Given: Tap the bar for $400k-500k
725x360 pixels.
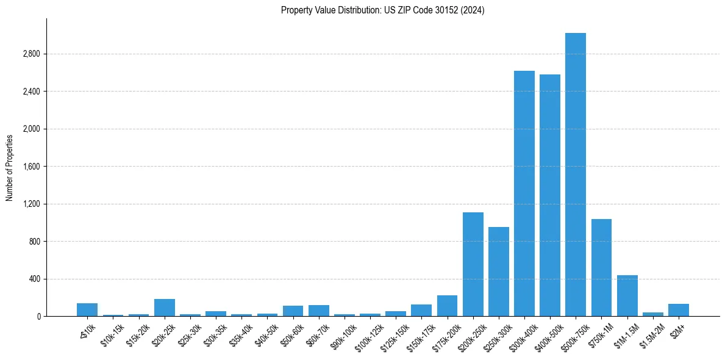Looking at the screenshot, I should pos(549,195).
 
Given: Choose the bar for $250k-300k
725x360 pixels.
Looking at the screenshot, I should pos(498,272).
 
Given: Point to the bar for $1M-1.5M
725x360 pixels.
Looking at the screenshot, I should pos(627,295).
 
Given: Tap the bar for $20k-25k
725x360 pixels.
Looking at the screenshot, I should pos(164,308).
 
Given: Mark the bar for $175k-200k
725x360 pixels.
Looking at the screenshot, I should pos(447,306).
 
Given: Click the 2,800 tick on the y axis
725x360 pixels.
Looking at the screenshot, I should pos(31,54).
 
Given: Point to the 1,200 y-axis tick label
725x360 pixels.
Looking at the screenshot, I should pos(31,204).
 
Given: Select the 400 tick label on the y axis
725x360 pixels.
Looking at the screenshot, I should pos(34,279).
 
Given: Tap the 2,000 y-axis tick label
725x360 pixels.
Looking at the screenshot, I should pos(31,129).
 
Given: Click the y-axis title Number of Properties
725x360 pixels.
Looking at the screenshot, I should pos(10,167).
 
